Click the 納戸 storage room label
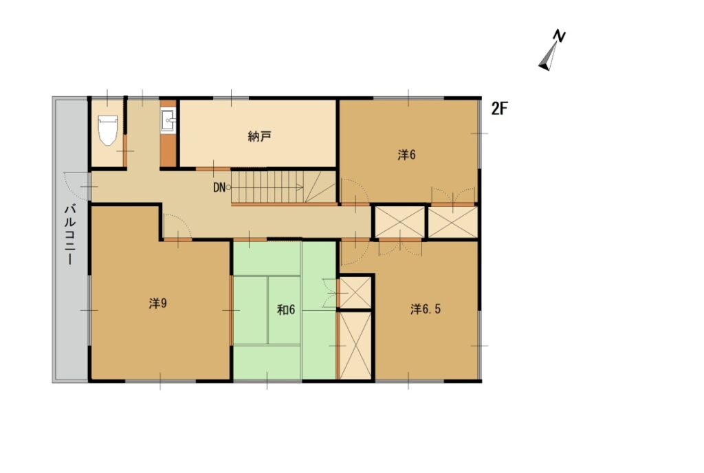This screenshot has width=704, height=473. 259,136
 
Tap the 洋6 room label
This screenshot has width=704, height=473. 406,155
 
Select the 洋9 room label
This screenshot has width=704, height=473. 158,304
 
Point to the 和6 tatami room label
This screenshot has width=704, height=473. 286,309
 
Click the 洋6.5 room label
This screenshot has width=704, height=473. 426,309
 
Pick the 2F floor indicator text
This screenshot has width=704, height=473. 499,109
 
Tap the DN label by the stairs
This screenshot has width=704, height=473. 219,188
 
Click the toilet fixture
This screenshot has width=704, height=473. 108,130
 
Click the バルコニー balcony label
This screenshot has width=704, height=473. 69,234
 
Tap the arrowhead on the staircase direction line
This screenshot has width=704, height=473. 301,188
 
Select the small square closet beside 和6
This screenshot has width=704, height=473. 355,293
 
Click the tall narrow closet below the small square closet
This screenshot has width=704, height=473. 355,346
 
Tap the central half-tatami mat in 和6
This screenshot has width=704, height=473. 284,311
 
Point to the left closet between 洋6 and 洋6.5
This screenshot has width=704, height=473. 399,221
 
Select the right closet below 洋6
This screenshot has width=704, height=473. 452,221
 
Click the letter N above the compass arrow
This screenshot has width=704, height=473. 559,36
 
